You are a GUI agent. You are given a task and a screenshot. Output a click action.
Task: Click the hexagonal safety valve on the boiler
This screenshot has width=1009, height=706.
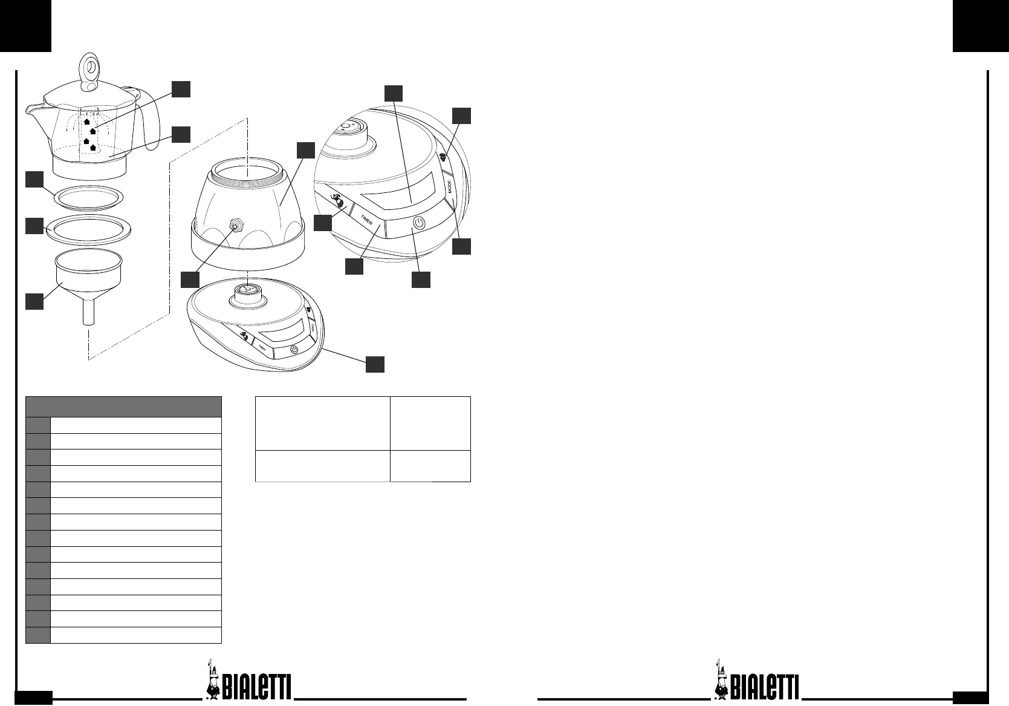235,225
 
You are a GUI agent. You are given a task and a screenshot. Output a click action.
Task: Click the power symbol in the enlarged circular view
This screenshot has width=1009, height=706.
418,223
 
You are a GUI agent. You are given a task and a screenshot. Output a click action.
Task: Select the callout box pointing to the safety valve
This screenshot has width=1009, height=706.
190,279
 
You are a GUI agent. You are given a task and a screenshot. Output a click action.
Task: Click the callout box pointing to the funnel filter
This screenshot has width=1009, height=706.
34,301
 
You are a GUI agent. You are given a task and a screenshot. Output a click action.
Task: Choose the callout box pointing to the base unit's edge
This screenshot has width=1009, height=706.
375,364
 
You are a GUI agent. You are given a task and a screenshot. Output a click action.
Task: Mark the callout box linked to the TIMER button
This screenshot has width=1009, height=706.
354,266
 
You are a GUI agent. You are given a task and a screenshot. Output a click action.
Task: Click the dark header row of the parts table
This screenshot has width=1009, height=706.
123,407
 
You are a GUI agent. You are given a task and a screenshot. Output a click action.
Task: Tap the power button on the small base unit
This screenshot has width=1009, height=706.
294,350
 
